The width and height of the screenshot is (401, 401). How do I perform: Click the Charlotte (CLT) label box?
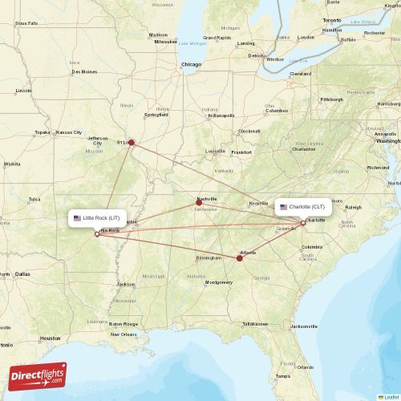pyautogui.click(x=302, y=207)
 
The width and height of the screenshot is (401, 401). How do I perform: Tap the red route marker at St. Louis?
pyautogui.click(x=132, y=144)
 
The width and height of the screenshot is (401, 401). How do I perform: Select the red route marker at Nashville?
pyautogui.click(x=199, y=202)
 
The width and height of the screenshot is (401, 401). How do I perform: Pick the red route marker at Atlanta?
pyautogui.click(x=240, y=257)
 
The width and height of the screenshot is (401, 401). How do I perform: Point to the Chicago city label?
pyautogui.click(x=191, y=63)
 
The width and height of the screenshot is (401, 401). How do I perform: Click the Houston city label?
pyautogui.click(x=51, y=338)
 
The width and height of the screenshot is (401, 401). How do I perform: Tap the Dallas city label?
pyautogui.click(x=21, y=273)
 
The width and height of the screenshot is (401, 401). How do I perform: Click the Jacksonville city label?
pyautogui.click(x=304, y=326)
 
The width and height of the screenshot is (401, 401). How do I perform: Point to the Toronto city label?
pyautogui.click(x=332, y=19)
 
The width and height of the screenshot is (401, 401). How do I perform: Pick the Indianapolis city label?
pyautogui.click(x=221, y=115)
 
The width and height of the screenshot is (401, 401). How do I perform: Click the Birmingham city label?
pyautogui.click(x=208, y=258)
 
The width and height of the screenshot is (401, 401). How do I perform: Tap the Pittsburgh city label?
pyautogui.click(x=331, y=99)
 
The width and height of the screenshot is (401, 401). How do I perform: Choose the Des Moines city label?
pyautogui.click(x=83, y=71)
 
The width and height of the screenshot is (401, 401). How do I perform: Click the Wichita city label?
pyautogui.click(x=12, y=164)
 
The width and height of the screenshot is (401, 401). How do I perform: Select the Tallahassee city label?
pyautogui.click(x=255, y=323)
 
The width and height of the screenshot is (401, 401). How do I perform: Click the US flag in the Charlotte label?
pyautogui.click(x=283, y=207)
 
